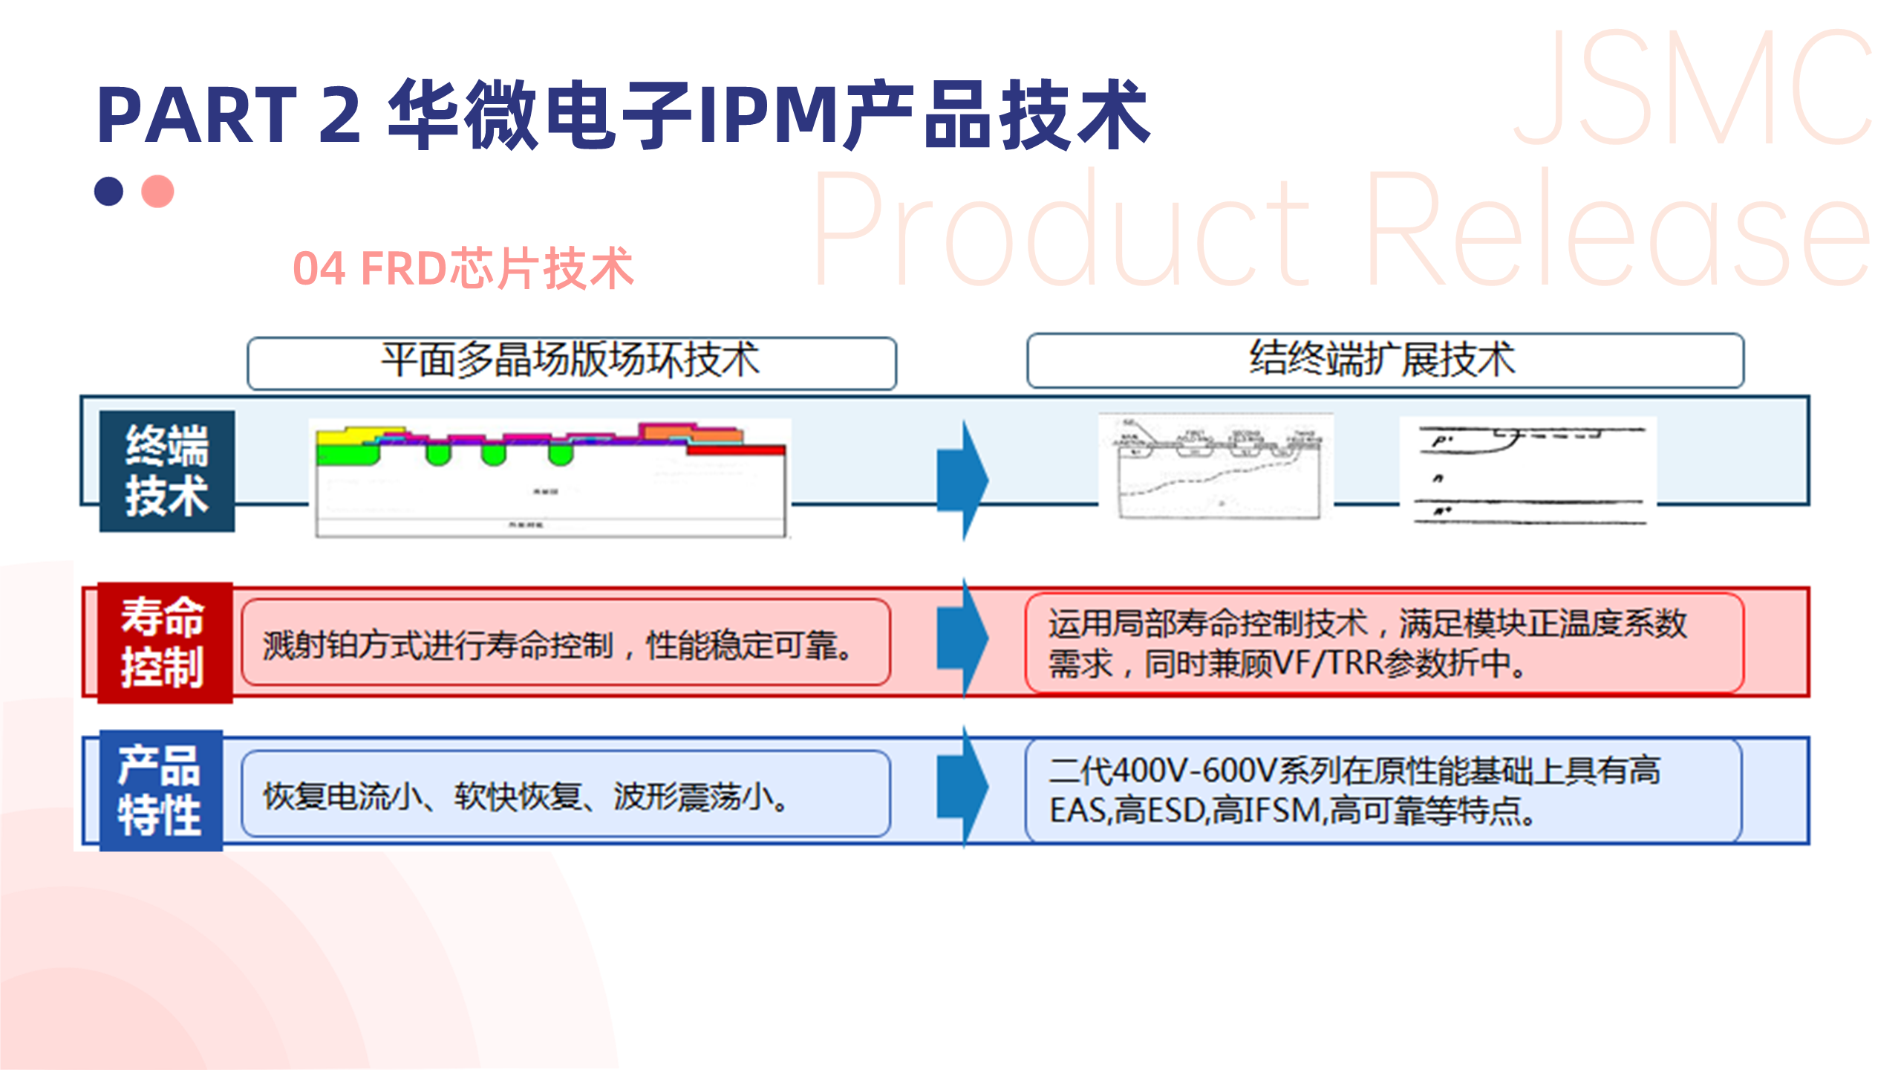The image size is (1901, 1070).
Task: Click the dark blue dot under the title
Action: pos(108,191)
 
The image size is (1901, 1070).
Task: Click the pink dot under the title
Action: pos(157,191)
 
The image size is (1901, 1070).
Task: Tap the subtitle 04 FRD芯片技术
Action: pos(463,268)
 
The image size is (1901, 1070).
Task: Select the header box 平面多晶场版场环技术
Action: pos(571,363)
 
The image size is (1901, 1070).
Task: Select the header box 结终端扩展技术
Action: pos(1384,360)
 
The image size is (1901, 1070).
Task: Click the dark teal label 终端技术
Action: pos(167,471)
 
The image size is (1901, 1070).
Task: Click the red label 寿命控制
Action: pos(164,642)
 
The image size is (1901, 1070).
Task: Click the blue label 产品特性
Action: pos(160,790)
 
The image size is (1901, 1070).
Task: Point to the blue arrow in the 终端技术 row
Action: pos(963,480)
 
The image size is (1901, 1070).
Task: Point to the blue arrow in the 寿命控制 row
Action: pos(963,638)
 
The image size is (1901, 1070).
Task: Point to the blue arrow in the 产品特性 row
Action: pos(963,786)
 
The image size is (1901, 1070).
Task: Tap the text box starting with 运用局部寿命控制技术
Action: pos(1384,643)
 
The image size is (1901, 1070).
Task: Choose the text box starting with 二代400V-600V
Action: pos(1383,790)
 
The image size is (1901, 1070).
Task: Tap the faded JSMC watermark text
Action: pos(1693,89)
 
